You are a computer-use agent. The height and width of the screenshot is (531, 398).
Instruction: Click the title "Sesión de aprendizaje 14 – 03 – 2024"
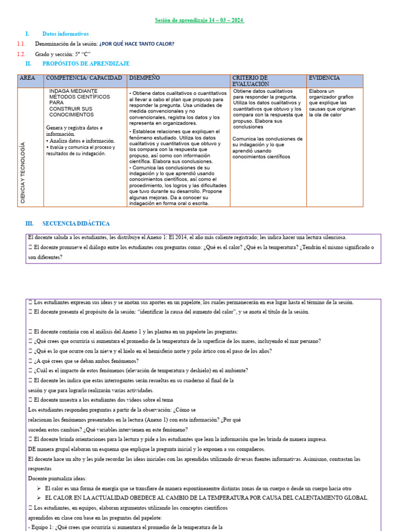point(200,20)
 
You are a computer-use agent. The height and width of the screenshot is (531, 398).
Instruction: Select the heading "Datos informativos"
point(65,33)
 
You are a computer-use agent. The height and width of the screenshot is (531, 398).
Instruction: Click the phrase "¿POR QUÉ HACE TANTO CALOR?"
point(137,44)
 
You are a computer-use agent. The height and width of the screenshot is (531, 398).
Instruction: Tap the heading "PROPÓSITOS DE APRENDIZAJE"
point(86,63)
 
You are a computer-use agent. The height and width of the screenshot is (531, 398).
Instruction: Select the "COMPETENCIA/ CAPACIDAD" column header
point(84,78)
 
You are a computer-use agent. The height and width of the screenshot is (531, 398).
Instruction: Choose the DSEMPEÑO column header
point(145,78)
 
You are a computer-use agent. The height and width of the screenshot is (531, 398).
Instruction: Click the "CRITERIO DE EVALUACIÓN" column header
point(250,80)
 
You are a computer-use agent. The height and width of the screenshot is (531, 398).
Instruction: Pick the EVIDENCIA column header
point(324,78)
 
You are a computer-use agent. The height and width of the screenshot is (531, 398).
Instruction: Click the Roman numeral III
point(29,223)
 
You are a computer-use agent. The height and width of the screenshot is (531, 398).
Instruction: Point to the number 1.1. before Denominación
point(21,44)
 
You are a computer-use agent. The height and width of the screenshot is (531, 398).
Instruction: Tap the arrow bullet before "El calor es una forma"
point(39,488)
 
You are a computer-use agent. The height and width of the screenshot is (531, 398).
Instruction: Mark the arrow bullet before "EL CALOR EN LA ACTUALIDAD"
point(39,498)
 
